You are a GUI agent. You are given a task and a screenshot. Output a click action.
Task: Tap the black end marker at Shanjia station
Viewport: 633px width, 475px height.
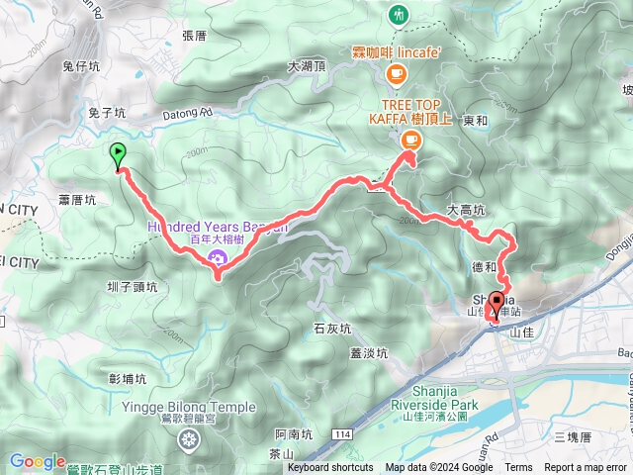pos(496,303)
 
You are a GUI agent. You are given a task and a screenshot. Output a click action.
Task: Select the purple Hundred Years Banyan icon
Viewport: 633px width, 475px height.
pos(217,259)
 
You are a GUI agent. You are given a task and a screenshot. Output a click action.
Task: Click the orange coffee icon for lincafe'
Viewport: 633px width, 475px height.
pos(397,72)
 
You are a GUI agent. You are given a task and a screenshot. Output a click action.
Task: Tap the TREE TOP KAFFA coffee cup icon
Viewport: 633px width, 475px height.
pos(409,140)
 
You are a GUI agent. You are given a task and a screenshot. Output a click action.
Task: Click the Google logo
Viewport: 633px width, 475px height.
pos(37,461)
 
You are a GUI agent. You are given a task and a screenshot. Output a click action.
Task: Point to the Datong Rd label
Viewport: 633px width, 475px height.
pos(193,114)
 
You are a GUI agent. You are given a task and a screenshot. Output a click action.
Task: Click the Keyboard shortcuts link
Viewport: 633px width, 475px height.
pos(331,468)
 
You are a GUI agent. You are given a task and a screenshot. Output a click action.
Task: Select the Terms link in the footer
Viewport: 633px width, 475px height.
pos(518,468)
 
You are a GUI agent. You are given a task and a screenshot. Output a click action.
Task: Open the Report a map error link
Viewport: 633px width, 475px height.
pos(586,468)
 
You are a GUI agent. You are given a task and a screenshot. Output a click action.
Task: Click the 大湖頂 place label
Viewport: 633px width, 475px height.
pos(307,67)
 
